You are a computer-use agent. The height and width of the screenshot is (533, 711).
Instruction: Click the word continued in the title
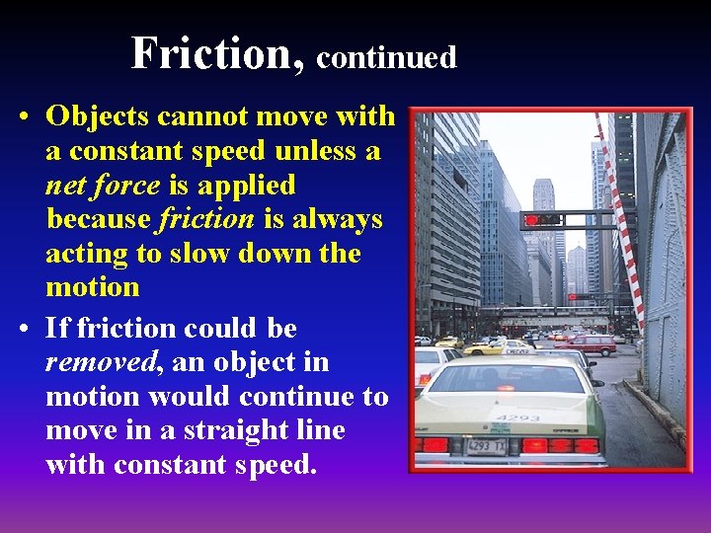(386, 57)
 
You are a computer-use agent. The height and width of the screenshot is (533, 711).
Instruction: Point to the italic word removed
(102, 362)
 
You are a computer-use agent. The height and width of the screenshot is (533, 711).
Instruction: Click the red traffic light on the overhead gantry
(534, 219)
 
